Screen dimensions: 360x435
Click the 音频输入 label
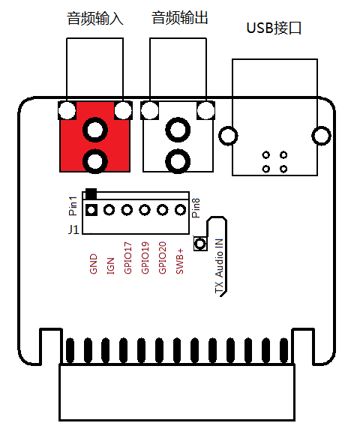click(95, 18)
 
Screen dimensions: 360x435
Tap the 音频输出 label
click(180, 18)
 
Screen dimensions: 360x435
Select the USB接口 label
click(274, 28)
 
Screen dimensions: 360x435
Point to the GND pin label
click(94, 264)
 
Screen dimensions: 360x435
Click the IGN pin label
click(111, 266)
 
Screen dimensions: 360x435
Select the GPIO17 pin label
click(127, 258)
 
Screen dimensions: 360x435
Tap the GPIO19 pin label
click(145, 258)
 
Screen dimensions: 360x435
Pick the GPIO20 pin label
click(162, 258)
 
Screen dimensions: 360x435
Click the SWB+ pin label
click(180, 261)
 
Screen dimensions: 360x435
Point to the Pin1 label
click(73, 205)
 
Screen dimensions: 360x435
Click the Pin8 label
click(196, 208)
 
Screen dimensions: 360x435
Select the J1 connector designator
click(73, 229)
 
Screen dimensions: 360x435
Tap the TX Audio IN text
click(219, 265)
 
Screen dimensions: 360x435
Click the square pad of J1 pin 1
click(91, 210)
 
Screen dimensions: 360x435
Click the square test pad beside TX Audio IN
click(200, 244)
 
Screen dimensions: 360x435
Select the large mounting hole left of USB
click(228, 136)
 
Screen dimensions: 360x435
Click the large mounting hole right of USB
click(322, 136)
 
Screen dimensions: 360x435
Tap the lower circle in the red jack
click(95, 161)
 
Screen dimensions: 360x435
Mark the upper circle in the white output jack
click(178, 130)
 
